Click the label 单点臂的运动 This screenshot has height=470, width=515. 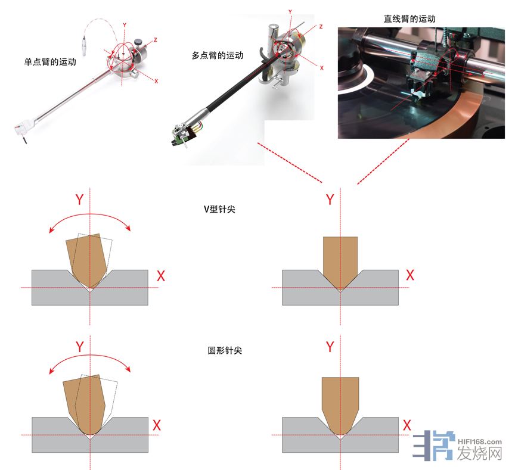pyautogui.click(x=50, y=62)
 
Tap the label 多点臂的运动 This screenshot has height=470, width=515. pyautogui.click(x=218, y=55)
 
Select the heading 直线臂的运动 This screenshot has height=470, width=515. pyautogui.click(x=409, y=18)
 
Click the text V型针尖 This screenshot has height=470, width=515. pyautogui.click(x=219, y=209)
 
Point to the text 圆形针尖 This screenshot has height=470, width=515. pyautogui.click(x=225, y=350)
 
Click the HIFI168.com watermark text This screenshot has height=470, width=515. pyautogui.click(x=479, y=442)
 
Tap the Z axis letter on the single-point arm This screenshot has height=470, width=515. pyautogui.click(x=156, y=40)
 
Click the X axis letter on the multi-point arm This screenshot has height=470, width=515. pyautogui.click(x=321, y=68)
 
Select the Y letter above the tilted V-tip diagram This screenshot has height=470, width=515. pyautogui.click(x=79, y=199)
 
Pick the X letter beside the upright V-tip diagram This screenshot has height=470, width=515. pyautogui.click(x=410, y=275)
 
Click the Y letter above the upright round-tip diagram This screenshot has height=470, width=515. pyautogui.click(x=330, y=347)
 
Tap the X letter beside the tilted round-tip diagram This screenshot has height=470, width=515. pyautogui.click(x=157, y=425)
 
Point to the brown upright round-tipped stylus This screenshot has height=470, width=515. pyautogui.click(x=340, y=404)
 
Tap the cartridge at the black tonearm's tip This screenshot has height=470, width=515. pyautogui.click(x=183, y=134)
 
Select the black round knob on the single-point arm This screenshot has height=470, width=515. pyautogui.click(x=138, y=42)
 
